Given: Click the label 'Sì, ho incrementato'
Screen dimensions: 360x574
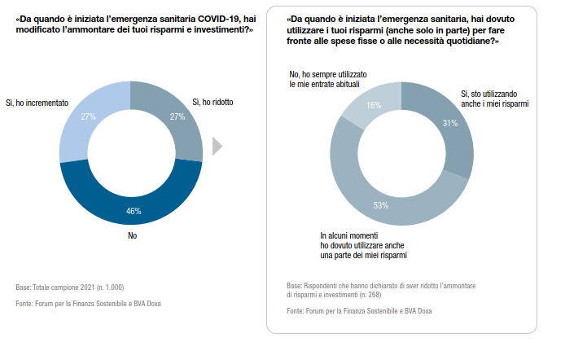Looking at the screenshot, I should [37, 103].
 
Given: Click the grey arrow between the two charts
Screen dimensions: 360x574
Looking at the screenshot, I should [217, 147].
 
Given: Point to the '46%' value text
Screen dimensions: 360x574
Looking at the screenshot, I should [133, 212].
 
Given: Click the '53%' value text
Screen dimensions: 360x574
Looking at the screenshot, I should [381, 206].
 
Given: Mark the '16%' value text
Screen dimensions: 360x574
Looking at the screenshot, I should [374, 105].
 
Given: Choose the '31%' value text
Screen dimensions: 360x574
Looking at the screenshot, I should [449, 124].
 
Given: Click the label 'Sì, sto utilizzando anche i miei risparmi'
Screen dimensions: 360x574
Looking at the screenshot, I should [496, 99].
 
